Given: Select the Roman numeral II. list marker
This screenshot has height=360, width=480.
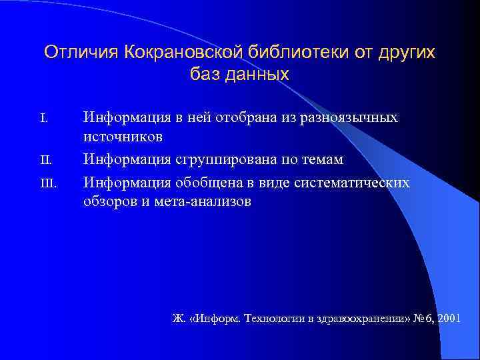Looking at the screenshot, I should pyautogui.click(x=45, y=161).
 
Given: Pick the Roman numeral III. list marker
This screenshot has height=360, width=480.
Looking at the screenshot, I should pyautogui.click(x=48, y=183).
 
